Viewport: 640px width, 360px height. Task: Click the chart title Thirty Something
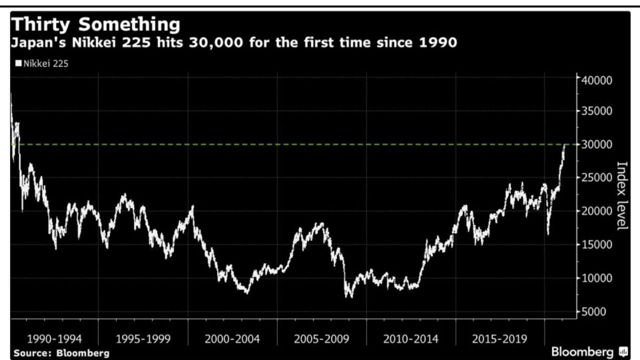click(96, 24)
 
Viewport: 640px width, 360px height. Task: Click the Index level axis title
click(621, 196)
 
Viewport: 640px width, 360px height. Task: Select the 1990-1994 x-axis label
click(54, 339)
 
